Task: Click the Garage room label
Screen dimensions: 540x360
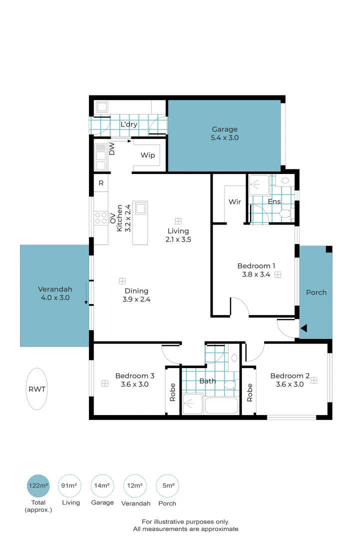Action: pos(224,129)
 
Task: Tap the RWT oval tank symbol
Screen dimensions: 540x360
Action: pos(38,389)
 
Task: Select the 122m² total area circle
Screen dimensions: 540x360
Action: pos(38,485)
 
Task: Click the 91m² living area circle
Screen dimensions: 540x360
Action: pos(70,485)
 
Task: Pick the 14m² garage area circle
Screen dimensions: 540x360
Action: pos(102,485)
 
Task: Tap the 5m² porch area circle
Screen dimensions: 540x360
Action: pos(168,485)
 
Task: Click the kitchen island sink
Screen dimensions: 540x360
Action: pos(140,207)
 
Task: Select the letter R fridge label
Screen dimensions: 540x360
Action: pos(101,183)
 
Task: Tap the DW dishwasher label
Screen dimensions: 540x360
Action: pos(112,148)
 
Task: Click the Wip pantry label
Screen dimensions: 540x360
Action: pos(147,155)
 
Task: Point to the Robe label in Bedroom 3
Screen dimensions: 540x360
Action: pos(172,392)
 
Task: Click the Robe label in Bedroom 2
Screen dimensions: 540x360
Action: pos(249,392)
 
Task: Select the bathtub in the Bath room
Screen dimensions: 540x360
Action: pos(221,404)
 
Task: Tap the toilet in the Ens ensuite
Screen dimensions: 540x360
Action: pos(285,214)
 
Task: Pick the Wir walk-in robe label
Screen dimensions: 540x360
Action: pos(234,202)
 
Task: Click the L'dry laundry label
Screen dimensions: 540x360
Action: pos(129,124)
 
